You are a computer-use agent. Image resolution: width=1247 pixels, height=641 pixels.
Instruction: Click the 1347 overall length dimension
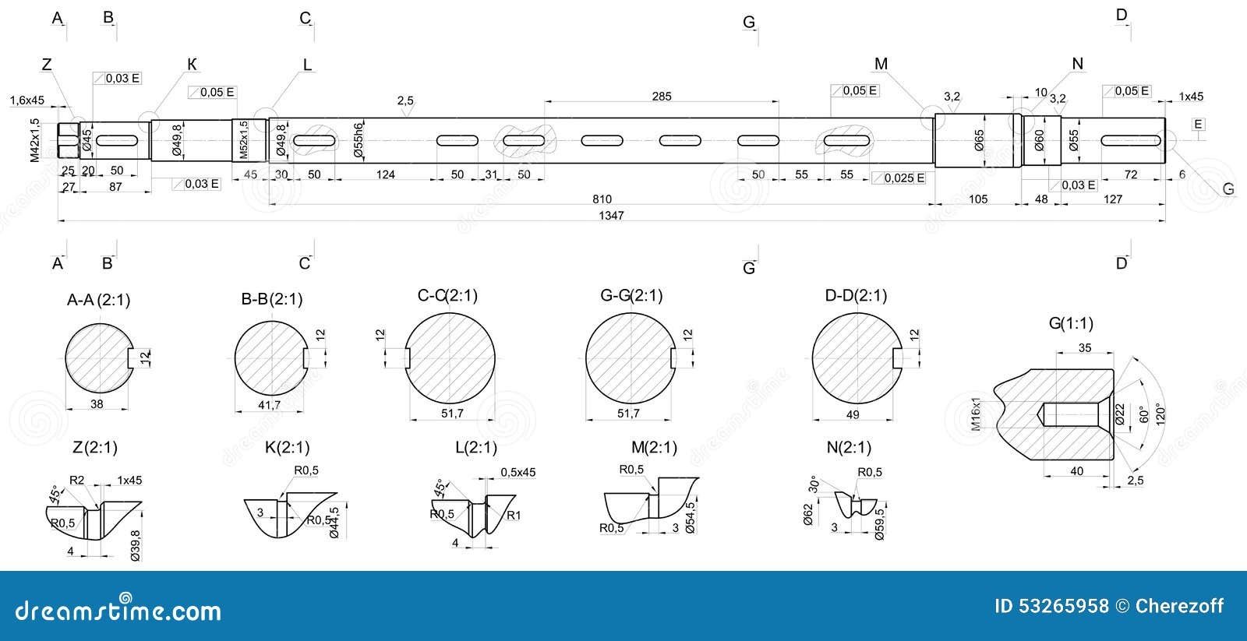(x=611, y=216)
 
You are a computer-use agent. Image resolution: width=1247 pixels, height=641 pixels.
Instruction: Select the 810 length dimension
(x=602, y=199)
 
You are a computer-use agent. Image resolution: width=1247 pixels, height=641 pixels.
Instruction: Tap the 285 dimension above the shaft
(x=661, y=97)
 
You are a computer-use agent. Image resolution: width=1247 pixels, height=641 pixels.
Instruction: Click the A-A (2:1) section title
(x=98, y=300)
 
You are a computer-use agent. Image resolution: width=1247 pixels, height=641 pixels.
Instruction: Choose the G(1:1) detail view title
(x=1070, y=323)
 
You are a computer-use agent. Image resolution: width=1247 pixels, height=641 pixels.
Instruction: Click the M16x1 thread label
(x=976, y=414)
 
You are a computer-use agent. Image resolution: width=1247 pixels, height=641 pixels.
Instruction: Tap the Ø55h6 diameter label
(x=359, y=140)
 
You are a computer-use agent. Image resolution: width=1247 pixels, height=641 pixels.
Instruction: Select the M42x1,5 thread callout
(x=34, y=140)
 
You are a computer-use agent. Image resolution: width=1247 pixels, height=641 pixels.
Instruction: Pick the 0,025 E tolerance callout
(x=899, y=178)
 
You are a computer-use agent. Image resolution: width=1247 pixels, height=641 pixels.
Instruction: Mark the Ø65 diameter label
(x=980, y=141)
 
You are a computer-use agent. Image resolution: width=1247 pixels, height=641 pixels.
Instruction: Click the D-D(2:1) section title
(x=856, y=296)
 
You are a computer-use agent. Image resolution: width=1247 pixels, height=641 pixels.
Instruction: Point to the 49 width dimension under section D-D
(x=853, y=414)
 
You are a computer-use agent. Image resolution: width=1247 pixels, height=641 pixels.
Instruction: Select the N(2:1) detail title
(x=849, y=448)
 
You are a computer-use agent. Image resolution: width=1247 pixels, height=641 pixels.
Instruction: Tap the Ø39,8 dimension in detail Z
(x=136, y=545)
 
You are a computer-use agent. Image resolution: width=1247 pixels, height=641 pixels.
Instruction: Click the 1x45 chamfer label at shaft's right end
(x=1190, y=97)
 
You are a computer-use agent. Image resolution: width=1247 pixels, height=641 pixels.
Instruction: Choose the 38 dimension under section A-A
(x=97, y=404)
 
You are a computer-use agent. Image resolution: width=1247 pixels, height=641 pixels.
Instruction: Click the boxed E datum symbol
(x=1198, y=125)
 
